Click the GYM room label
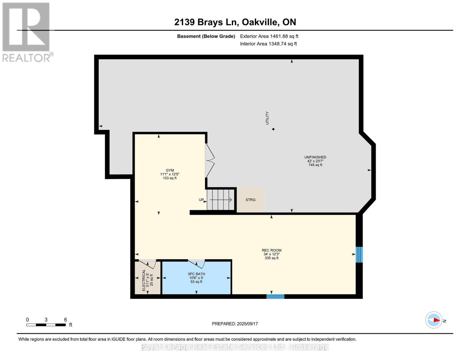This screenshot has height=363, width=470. coord(169,171)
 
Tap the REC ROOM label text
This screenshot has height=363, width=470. coord(271,250)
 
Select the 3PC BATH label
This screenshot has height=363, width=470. coord(196,274)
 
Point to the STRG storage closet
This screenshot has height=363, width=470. coord(250,200)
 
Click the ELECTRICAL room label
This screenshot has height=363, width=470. coord(144,280)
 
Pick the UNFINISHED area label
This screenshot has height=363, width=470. coord(315,157)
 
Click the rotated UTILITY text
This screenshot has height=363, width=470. coord(267,118)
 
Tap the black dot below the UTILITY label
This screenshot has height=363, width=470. coord(273,129)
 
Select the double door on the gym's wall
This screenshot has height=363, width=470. coord(210,160)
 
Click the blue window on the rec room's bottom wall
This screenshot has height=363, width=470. coord(275,296)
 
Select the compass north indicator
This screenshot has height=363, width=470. coord(434,320)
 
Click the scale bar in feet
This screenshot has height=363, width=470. coord(46,325)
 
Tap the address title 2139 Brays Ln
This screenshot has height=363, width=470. coord(235,22)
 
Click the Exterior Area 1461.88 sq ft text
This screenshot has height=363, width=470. coord(269,36)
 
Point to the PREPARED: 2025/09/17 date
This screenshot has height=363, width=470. coord(235,324)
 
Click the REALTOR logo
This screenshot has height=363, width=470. coord(26,32)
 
